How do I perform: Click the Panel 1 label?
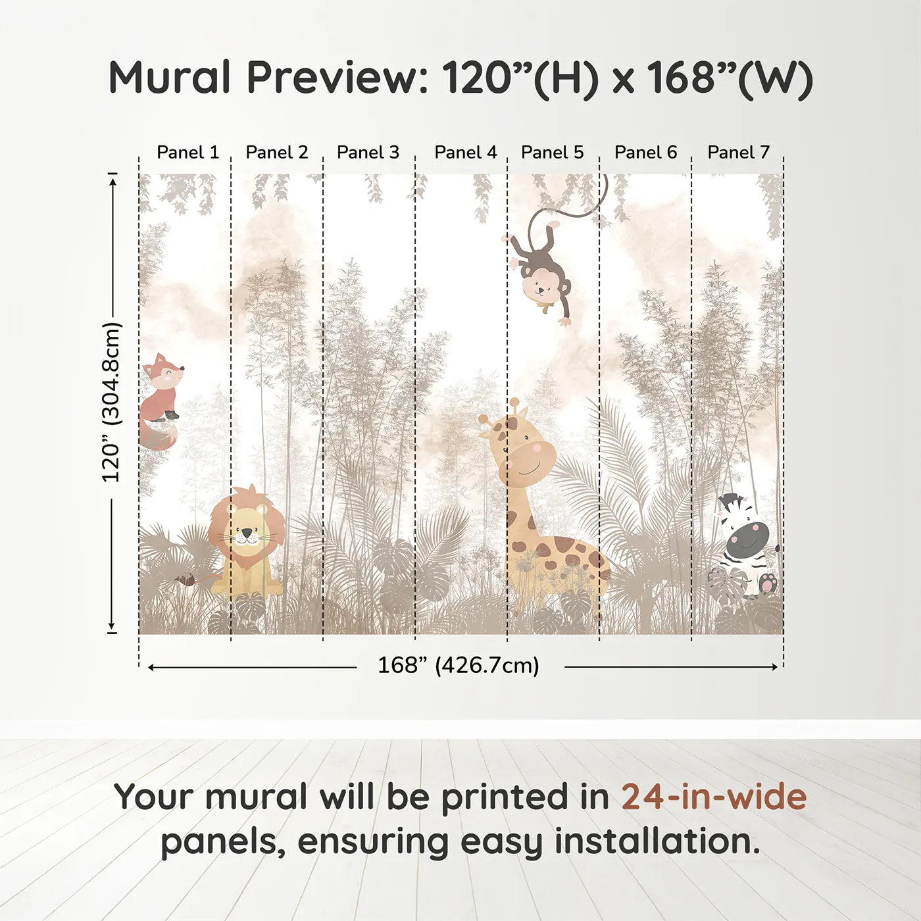[187, 153]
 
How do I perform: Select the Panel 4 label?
[466, 153]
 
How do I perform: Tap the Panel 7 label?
[738, 153]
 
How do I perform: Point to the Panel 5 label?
[552, 153]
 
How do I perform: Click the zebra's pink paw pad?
[767, 583]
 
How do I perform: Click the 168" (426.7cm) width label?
[459, 666]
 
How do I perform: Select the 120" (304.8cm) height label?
[111, 402]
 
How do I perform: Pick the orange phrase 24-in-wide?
[714, 797]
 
